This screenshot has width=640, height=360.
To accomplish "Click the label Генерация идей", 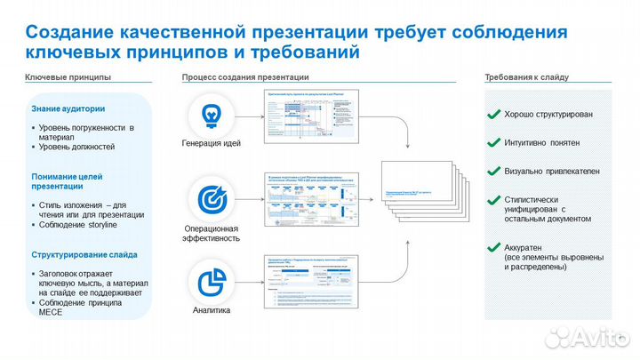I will [211, 143].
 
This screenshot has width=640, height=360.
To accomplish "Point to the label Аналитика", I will [212, 310].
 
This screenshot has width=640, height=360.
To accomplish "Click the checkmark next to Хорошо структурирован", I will [492, 115].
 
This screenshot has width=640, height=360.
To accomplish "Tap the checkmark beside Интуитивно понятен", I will [492, 142].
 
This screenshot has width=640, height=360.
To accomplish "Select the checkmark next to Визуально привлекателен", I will [492, 170].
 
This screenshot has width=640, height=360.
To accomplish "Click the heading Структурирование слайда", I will [84, 254].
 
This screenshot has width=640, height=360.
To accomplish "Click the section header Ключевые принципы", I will [68, 78].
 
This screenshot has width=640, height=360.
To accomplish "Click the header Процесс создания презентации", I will [245, 78].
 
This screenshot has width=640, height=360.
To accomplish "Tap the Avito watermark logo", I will [587, 337].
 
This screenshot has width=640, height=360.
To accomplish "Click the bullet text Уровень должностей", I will [76, 147].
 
